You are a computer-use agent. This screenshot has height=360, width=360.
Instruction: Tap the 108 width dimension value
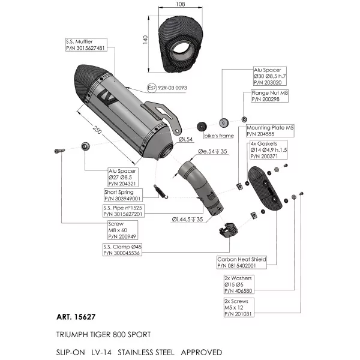point(181,4)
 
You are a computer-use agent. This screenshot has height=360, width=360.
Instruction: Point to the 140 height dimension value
point(145,40)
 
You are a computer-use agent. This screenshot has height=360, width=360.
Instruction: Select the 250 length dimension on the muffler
point(97,130)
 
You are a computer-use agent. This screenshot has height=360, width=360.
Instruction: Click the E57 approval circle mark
point(152,88)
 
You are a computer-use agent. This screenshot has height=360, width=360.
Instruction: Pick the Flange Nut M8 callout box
point(269,96)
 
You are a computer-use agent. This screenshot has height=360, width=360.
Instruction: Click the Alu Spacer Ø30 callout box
point(270,76)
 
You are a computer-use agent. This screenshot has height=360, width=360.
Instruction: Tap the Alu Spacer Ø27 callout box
point(123,177)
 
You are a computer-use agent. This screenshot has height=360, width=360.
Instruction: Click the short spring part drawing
point(160,191)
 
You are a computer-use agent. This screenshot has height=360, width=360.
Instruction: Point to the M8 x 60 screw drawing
point(59,151)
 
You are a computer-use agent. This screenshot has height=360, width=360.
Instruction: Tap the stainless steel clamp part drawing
point(228,230)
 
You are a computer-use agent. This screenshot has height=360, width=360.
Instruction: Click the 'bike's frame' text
point(219,136)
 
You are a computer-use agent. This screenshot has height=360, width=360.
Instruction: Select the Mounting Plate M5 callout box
point(270,131)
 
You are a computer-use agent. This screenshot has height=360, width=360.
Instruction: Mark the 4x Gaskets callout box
point(268,150)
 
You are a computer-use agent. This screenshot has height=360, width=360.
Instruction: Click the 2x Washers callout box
point(239,284)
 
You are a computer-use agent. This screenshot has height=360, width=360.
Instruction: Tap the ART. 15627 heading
point(76,317)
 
